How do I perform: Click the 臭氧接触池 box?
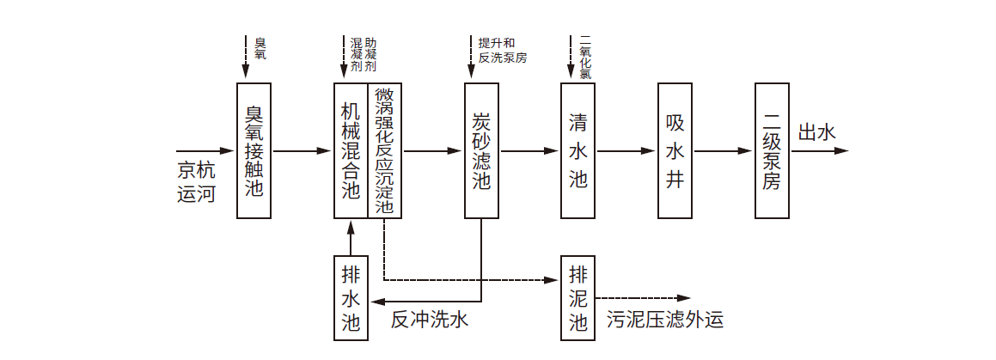[x=254, y=150]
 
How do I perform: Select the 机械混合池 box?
[x=351, y=150]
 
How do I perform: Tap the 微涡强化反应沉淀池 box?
[x=384, y=150]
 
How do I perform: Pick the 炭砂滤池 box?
[x=481, y=150]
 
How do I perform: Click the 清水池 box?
[x=577, y=150]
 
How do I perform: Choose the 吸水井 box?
[x=675, y=150]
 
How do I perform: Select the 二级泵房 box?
[x=772, y=150]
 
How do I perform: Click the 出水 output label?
[x=816, y=133]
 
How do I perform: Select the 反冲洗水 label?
[x=429, y=320]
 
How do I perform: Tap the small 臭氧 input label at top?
[x=260, y=48]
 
